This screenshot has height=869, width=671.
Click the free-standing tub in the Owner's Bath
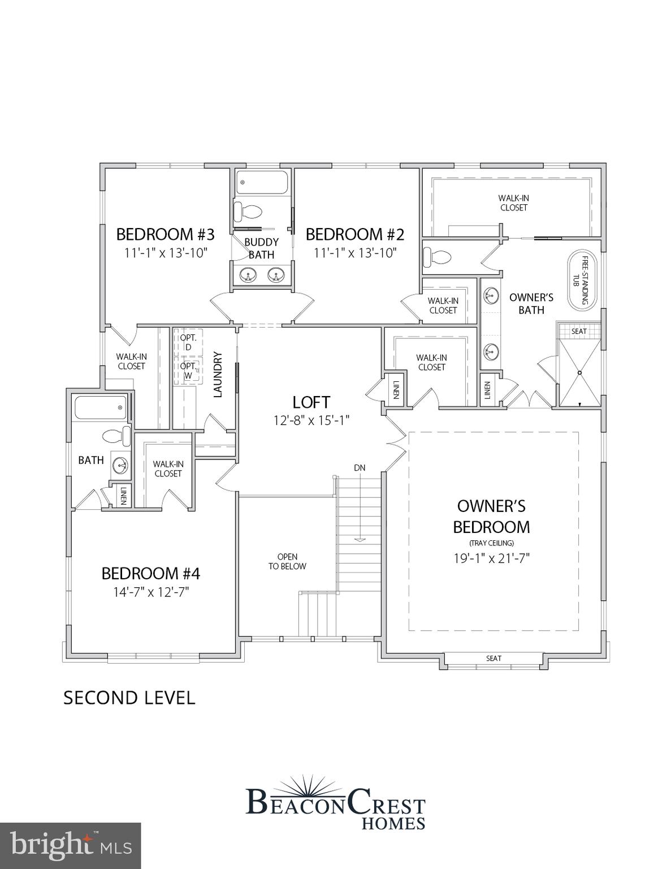pyautogui.click(x=579, y=280)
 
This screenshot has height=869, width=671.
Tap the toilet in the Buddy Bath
pyautogui.click(x=248, y=212)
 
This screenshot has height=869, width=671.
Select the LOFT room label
pyautogui.click(x=311, y=402)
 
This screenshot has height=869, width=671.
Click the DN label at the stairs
pyautogui.click(x=360, y=468)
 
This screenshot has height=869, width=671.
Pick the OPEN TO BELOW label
pyautogui.click(x=287, y=561)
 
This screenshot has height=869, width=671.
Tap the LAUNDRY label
pyautogui.click(x=219, y=375)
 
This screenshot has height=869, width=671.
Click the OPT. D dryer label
pyautogui.click(x=188, y=342)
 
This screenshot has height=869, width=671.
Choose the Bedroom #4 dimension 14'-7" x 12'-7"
pyautogui.click(x=150, y=592)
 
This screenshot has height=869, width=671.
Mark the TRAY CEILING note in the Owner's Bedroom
pyautogui.click(x=491, y=543)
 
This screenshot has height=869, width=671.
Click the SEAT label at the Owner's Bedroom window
pyautogui.click(x=493, y=658)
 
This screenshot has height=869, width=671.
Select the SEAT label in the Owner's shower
pyautogui.click(x=579, y=331)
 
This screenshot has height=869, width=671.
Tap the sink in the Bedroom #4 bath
pyautogui.click(x=120, y=465)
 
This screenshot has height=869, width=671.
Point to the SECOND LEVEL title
pyautogui.click(x=129, y=698)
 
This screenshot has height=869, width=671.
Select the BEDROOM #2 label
pyautogui.click(x=355, y=234)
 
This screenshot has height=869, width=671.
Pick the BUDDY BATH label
pyautogui.click(x=261, y=248)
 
